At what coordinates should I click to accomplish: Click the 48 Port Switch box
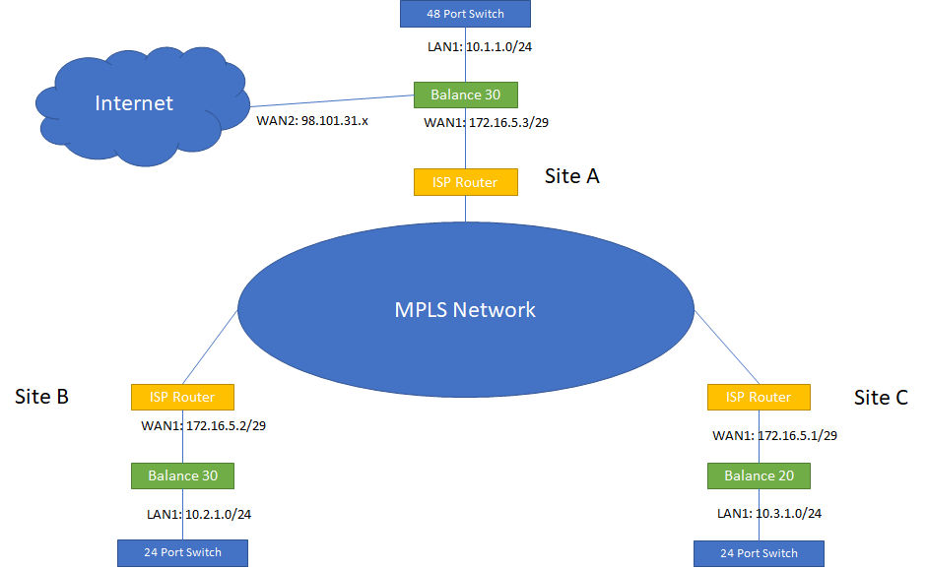coord(466,14)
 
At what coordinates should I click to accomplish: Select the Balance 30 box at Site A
coord(466,95)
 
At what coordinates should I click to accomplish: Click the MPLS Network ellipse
coord(466,310)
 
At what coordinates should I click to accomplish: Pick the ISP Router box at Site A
coord(466,181)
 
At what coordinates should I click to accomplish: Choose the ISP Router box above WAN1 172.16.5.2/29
coord(182,397)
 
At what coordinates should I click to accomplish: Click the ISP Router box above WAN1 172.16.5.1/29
coord(759,397)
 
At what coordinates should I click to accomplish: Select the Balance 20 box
coord(759,475)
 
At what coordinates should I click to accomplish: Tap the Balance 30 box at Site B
coord(182,475)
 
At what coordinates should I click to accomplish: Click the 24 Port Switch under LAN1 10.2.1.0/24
coord(182,552)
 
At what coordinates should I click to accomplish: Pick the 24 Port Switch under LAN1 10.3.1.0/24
coord(759,552)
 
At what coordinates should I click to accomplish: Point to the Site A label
coord(571,176)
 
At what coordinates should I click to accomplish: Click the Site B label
coord(41,397)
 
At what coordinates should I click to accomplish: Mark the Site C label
coord(881,398)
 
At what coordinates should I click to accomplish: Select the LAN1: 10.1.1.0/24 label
coord(466,46)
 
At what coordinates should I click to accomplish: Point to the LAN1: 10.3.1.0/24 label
coord(769,513)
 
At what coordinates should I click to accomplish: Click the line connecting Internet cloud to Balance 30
coord(330,101)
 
